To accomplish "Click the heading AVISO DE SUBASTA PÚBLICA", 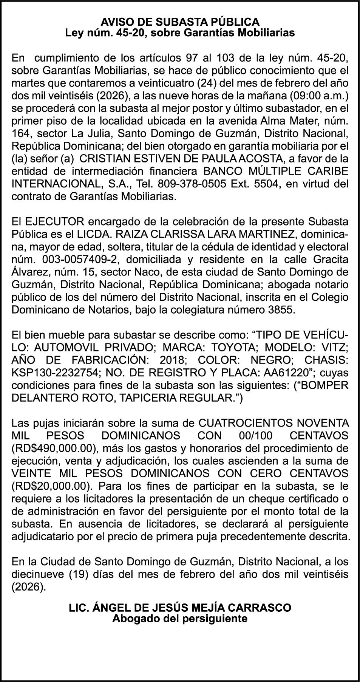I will pyautogui.click(x=180, y=22).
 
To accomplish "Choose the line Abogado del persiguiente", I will pyautogui.click(x=180, y=619).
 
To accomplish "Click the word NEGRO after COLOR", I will pyautogui.click(x=263, y=360).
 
